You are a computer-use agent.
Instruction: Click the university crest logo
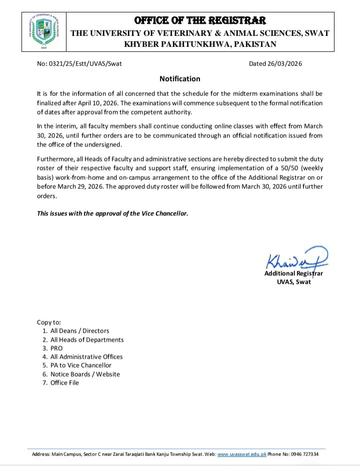coord(41,31)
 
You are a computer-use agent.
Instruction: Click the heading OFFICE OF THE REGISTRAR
coord(200,20)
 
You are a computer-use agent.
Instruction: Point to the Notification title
coord(180,79)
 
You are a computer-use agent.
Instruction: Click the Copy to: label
coord(49,322)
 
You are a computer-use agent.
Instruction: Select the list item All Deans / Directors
coord(79,331)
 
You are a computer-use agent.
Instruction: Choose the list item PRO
coord(56,348)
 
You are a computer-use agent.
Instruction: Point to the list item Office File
coord(64,383)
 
